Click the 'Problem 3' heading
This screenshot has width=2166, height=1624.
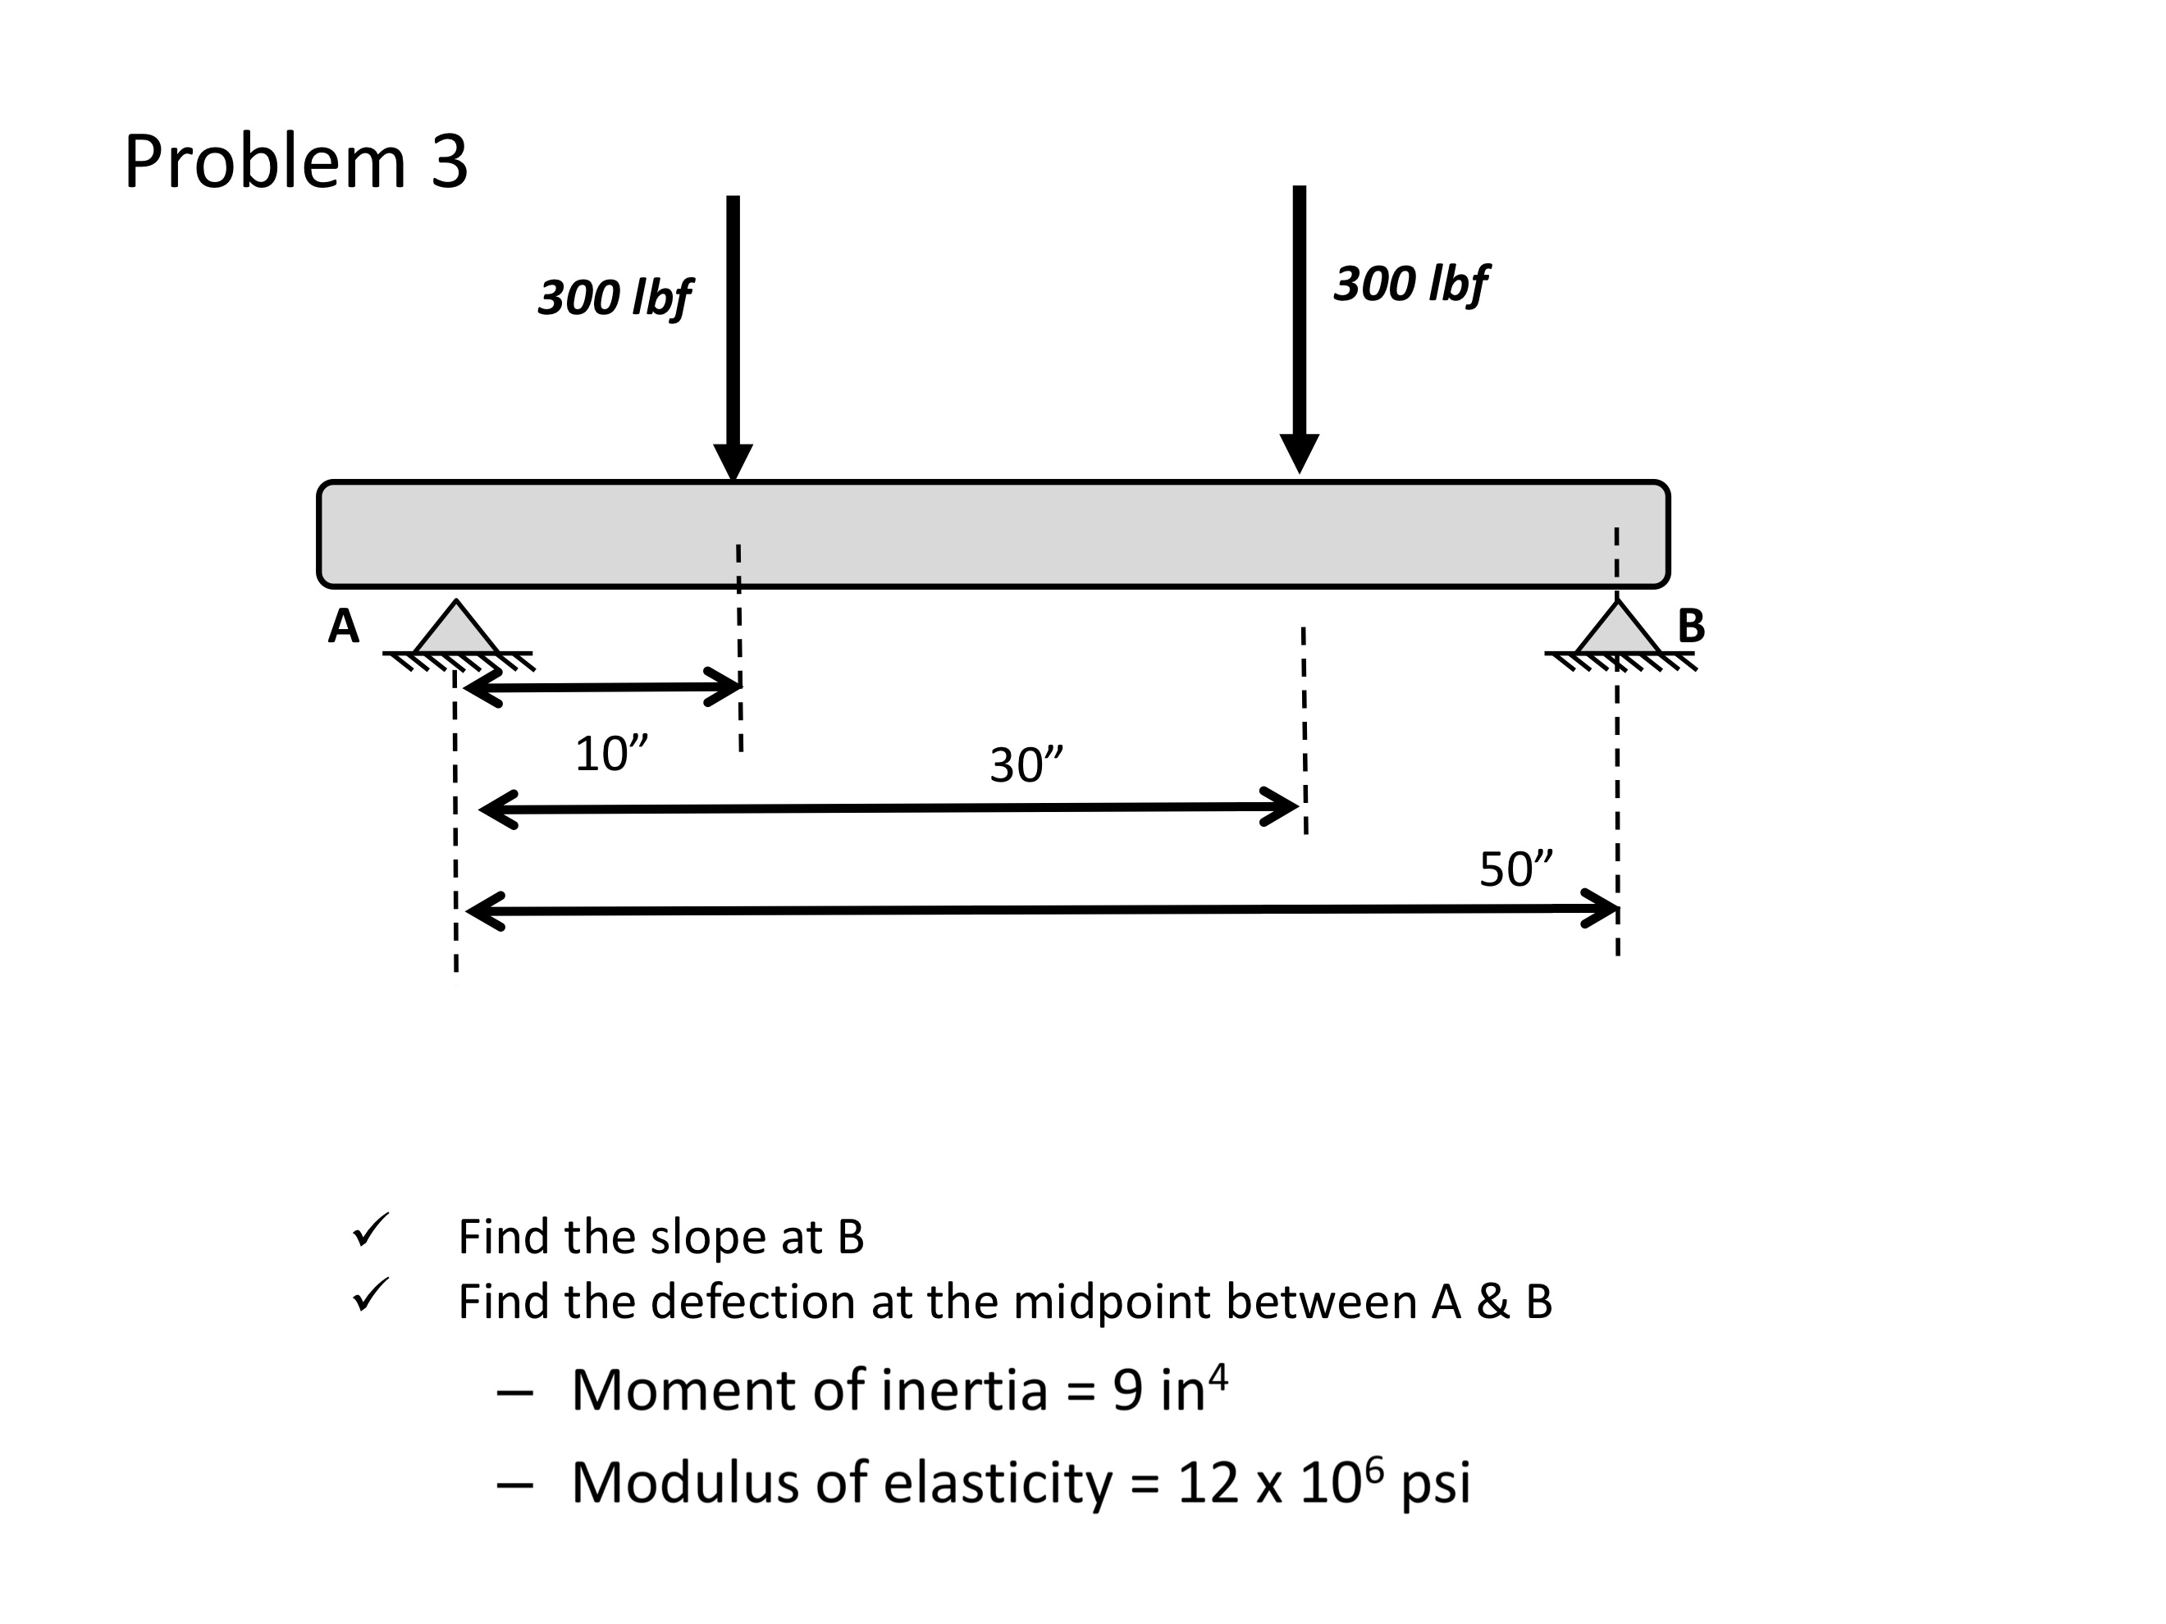tap(295, 162)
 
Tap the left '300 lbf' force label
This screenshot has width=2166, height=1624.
tap(615, 298)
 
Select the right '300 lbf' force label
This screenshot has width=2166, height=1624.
tap(1411, 284)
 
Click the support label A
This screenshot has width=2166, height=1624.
tap(344, 627)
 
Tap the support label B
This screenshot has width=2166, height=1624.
tap(1691, 627)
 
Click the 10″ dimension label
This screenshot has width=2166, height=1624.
tap(612, 754)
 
